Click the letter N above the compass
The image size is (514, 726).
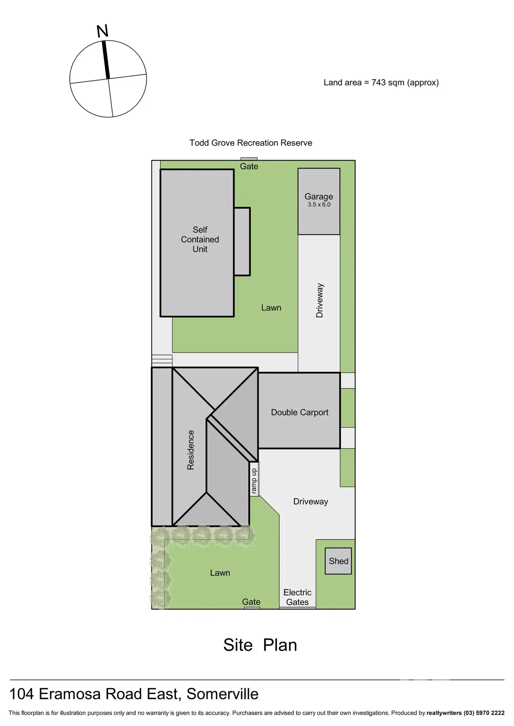click(x=103, y=31)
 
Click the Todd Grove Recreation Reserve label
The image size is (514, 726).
click(x=251, y=143)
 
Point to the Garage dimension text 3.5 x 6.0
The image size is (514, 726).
click(x=319, y=205)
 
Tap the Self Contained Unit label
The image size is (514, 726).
click(x=200, y=239)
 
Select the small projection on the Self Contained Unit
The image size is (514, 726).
click(x=242, y=241)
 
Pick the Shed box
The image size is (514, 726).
click(x=338, y=561)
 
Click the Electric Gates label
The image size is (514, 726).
click(x=297, y=597)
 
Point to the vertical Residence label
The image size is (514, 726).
click(x=191, y=450)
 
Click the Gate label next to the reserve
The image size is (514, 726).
click(x=249, y=166)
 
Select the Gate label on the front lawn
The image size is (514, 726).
click(x=251, y=602)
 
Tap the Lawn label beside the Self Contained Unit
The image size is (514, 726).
click(x=271, y=308)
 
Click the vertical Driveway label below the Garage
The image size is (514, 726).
click(x=320, y=300)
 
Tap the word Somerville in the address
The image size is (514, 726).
click(x=222, y=694)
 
